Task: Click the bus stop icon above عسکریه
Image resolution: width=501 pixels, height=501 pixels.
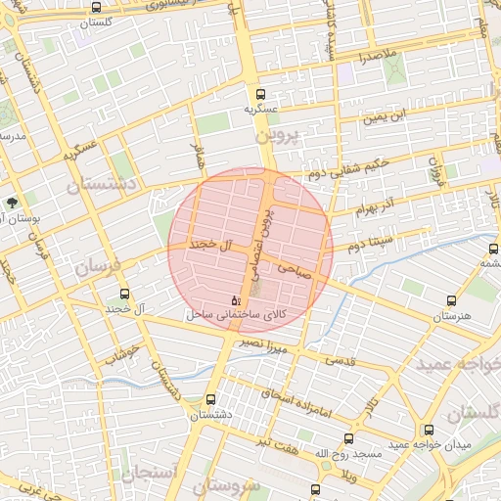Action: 260,95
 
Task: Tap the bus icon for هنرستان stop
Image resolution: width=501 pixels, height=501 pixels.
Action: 451,301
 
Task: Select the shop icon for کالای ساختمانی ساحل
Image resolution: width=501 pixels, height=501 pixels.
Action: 234,299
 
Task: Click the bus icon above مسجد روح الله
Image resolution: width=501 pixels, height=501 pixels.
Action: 348,438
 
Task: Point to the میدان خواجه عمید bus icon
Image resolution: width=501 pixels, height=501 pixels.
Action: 429,430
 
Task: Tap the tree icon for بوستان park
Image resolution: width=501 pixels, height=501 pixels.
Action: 11,203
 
